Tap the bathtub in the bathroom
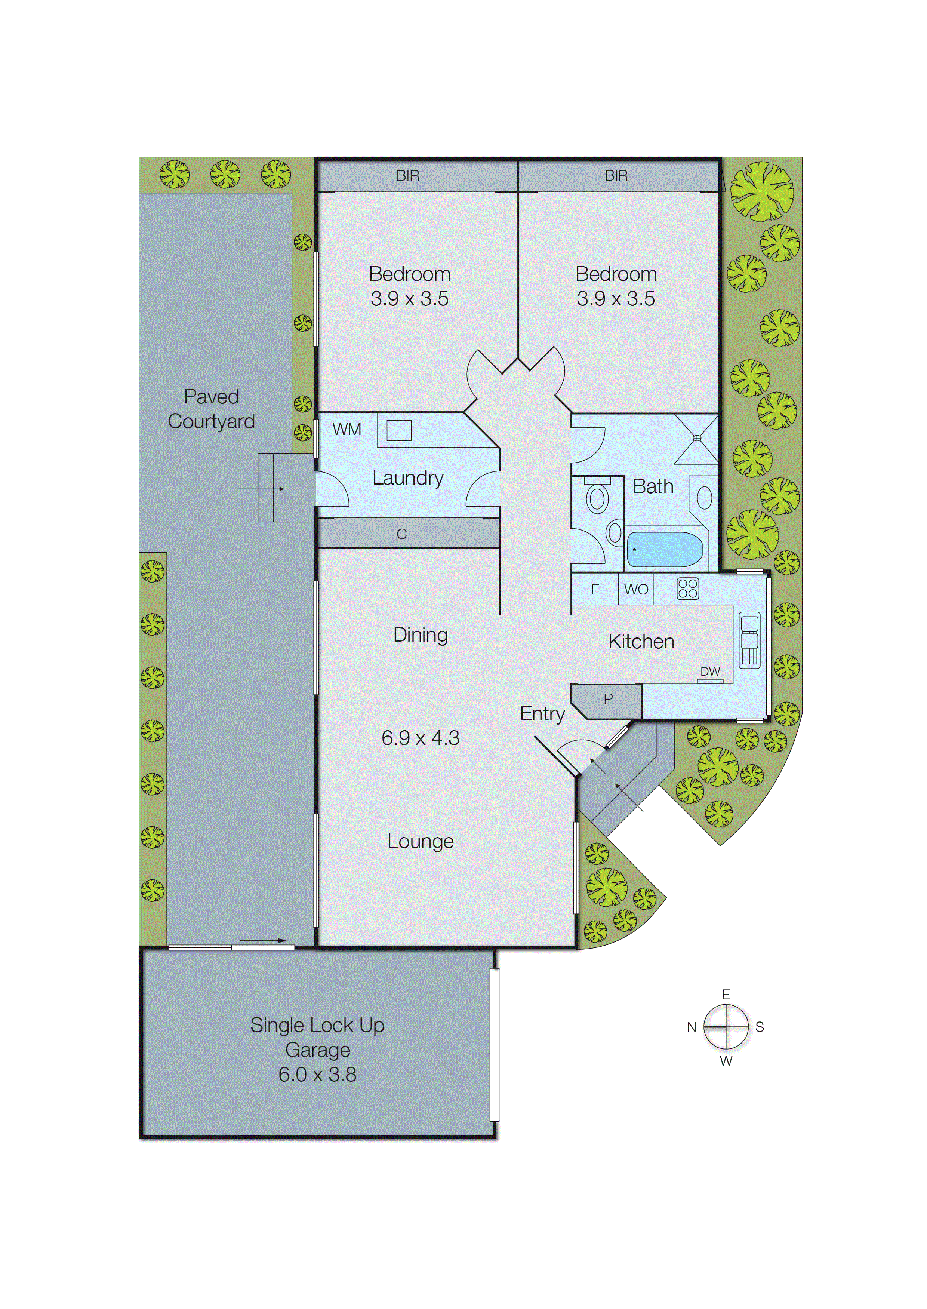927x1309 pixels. coord(665,549)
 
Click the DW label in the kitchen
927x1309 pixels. coord(710,672)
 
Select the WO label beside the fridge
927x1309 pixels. coord(636,589)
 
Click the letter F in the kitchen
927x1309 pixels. coord(595,589)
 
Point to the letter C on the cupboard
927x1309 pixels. coord(402,534)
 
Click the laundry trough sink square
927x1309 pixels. coord(399,430)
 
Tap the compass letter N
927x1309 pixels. coord(691,1027)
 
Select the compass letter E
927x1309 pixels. coord(726,995)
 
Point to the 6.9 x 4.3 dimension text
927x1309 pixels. coord(421,738)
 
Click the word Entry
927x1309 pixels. coord(542,714)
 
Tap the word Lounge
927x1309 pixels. coord(421,842)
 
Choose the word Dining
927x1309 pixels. coord(421,635)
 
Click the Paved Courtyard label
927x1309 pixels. coord(211,409)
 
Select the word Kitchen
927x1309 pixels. coord(641,641)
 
